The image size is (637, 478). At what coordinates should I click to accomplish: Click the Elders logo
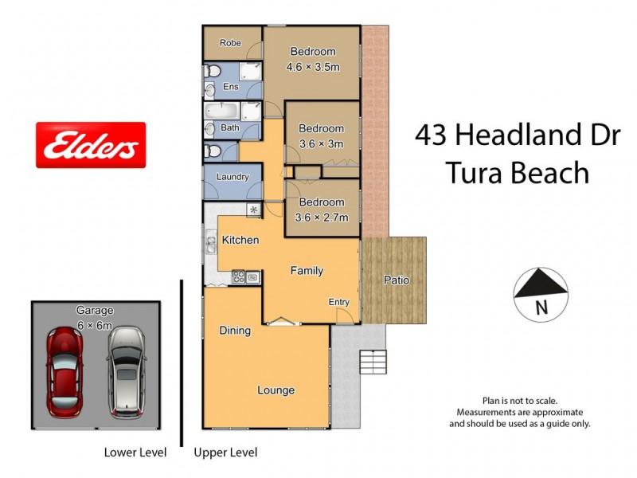pyautogui.click(x=91, y=145)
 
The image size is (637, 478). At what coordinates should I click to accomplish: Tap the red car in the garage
pyautogui.click(x=64, y=371)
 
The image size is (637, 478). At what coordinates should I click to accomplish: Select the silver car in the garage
pyautogui.click(x=127, y=371)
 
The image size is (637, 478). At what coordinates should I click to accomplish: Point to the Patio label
pyautogui.click(x=397, y=280)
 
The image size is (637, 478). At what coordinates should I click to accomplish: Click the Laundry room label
pyautogui.click(x=233, y=177)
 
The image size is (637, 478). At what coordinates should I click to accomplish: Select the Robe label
pyautogui.click(x=230, y=44)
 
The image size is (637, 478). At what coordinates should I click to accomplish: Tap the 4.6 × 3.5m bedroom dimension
pyautogui.click(x=313, y=67)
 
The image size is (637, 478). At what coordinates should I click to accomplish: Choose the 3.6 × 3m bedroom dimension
pyautogui.click(x=321, y=143)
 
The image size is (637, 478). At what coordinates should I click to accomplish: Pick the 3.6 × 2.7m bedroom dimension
pyautogui.click(x=321, y=217)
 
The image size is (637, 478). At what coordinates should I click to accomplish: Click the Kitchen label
pyautogui.click(x=240, y=240)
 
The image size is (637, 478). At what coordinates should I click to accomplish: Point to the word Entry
pyautogui.click(x=339, y=302)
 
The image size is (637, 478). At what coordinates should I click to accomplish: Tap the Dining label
pyautogui.click(x=235, y=331)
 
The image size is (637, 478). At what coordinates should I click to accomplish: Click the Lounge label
pyautogui.click(x=276, y=390)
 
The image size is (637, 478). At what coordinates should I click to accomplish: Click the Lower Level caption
pyautogui.click(x=135, y=453)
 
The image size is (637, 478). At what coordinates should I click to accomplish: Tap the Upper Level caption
pyautogui.click(x=225, y=453)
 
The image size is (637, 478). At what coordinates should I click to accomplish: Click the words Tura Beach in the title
pyautogui.click(x=518, y=172)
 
